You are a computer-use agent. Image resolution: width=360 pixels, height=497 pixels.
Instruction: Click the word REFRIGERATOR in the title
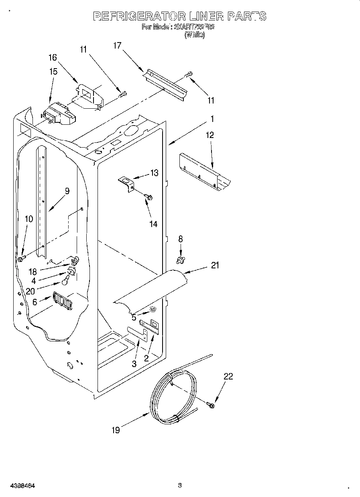tap(139, 16)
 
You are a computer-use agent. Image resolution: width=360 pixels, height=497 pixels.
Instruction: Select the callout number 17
tap(117, 46)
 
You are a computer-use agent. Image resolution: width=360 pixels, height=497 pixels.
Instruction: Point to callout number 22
tap(228, 376)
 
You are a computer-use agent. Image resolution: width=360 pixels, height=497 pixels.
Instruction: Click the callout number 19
tap(116, 430)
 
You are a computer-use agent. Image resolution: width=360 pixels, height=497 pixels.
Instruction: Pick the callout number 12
tap(210, 135)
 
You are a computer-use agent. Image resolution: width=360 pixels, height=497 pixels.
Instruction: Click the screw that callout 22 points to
tap(211, 405)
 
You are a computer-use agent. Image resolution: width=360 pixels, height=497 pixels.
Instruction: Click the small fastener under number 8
tap(180, 262)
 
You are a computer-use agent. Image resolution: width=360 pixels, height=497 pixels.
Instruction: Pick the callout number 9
tap(67, 191)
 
